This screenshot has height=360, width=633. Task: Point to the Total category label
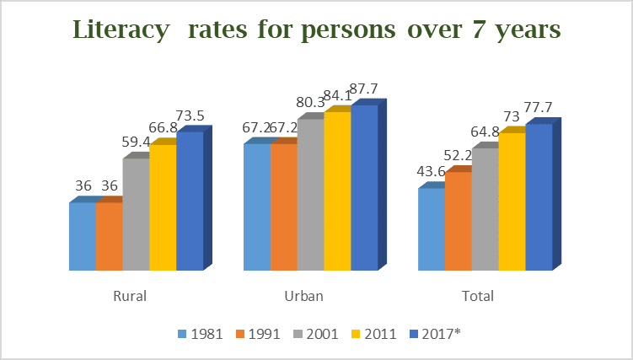pos(478,297)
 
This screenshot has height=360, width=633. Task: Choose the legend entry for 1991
pos(259,333)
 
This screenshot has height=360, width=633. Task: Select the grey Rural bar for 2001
pos(136,214)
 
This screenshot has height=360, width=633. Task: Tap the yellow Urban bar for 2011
pos(337,191)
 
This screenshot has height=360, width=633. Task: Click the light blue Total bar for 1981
pos(432,228)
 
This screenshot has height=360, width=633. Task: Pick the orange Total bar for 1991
pos(458,221)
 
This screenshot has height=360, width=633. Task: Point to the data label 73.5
pos(192,116)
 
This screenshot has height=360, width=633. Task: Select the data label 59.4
pos(138,142)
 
